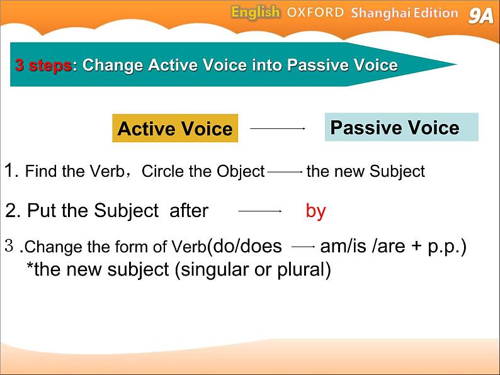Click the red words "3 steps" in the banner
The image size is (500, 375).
click(43, 65)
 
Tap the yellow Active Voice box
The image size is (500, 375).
click(175, 128)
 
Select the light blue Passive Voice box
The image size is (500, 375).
click(402, 127)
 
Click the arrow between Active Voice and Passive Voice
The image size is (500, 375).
click(278, 128)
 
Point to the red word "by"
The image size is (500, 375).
click(315, 211)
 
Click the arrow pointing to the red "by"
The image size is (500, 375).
click(260, 211)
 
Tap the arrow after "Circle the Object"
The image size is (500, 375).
click(285, 172)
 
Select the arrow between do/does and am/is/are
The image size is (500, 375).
click(304, 247)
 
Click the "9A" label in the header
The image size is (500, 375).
click(481, 15)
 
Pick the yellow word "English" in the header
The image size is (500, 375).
click(256, 13)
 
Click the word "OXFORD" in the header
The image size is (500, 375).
click(315, 13)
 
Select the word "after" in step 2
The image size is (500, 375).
click(189, 211)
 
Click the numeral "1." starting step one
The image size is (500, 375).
click(11, 170)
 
